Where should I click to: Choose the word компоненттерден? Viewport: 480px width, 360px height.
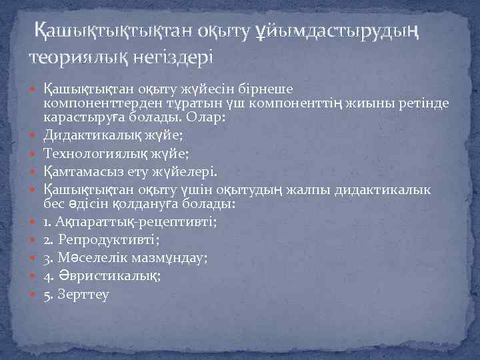pos(95,103)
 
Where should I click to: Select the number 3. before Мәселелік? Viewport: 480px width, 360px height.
pos(48,256)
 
